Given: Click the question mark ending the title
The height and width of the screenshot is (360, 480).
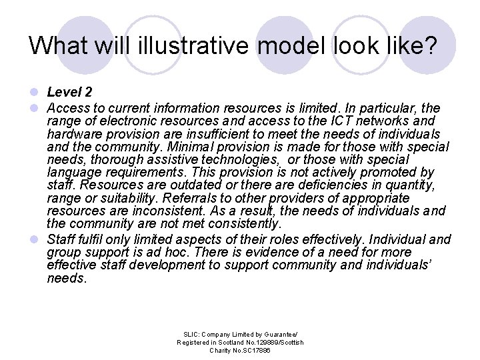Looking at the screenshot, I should [430, 45].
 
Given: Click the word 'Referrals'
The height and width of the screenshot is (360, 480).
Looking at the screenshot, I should [189, 198].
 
